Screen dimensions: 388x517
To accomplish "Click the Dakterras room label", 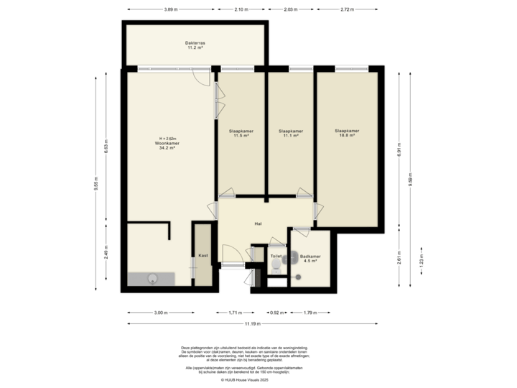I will click(x=195, y=45).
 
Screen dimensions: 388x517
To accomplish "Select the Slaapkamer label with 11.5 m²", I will click(x=239, y=134).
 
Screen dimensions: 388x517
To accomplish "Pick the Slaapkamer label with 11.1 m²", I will click(x=290, y=134).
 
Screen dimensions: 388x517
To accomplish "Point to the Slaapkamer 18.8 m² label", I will click(x=347, y=133).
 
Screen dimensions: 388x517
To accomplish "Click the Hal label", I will click(x=258, y=224).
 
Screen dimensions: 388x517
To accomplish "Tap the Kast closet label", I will click(x=203, y=255).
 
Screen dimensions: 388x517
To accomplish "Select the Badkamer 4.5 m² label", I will click(x=311, y=259).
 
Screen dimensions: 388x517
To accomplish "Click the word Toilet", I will click(x=275, y=255).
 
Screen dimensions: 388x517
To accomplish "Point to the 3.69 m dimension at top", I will click(x=170, y=9).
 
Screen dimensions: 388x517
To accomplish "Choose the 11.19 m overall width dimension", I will click(x=251, y=324).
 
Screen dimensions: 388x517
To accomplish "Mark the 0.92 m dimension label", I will click(x=274, y=313).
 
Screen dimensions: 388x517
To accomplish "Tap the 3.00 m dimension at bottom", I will click(x=160, y=313).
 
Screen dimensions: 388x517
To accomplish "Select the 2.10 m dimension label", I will click(x=241, y=9).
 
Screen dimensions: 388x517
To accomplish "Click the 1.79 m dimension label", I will click(x=309, y=313).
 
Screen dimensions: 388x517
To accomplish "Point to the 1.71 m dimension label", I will click(x=234, y=313).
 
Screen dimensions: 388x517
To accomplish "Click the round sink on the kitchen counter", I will click(x=152, y=279).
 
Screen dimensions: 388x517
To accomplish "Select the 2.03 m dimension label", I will click(x=291, y=9).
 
